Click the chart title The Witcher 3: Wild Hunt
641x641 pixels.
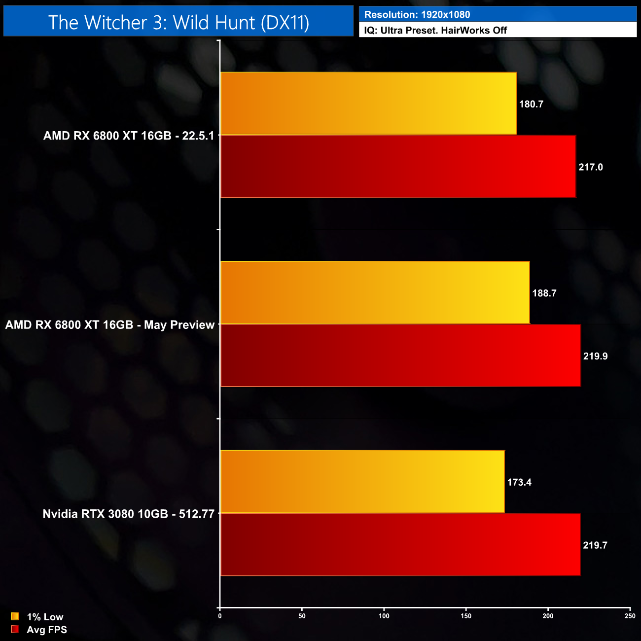pyautogui.click(x=178, y=22)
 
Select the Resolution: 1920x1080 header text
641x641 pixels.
pyautogui.click(x=417, y=15)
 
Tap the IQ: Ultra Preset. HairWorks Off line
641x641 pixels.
pyautogui.click(x=435, y=31)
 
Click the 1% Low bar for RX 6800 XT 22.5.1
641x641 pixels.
pyautogui.click(x=368, y=104)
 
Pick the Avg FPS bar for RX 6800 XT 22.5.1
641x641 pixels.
pyautogui.click(x=398, y=167)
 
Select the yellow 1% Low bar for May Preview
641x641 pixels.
pyautogui.click(x=375, y=293)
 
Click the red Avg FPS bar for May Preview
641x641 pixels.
pyautogui.click(x=400, y=356)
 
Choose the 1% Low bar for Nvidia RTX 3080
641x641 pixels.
pyautogui.click(x=362, y=482)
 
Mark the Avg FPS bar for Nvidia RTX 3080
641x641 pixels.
pyautogui.click(x=400, y=544)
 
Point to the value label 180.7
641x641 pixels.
pyautogui.click(x=531, y=104)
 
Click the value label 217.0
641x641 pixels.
pyautogui.click(x=591, y=167)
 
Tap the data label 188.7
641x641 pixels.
pyautogui.click(x=544, y=293)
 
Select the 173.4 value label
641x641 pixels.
pyautogui.click(x=519, y=482)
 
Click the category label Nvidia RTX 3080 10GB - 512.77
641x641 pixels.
pyautogui.click(x=129, y=514)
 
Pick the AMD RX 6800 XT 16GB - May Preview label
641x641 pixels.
pyautogui.click(x=110, y=325)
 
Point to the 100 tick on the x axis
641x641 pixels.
pyautogui.click(x=384, y=616)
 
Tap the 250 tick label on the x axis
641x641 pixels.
pyautogui.click(x=630, y=616)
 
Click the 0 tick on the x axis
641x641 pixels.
pyautogui.click(x=220, y=616)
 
